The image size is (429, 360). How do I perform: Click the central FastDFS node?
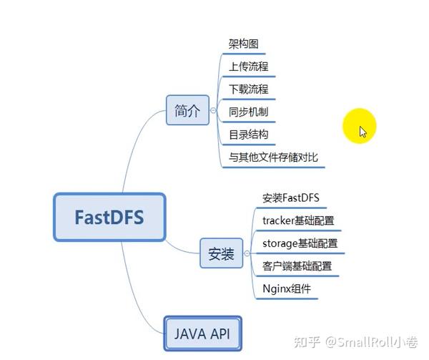(x=109, y=217)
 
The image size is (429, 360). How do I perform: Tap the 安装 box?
(x=221, y=253)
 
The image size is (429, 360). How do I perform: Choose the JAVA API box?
(x=202, y=334)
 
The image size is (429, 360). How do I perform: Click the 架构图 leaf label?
(x=242, y=44)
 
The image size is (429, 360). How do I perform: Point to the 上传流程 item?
(x=248, y=67)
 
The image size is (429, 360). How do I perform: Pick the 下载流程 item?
(x=248, y=89)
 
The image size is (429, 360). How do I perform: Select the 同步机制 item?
(x=248, y=112)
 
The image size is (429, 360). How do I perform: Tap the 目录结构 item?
(x=248, y=135)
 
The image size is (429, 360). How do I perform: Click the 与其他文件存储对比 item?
(x=273, y=157)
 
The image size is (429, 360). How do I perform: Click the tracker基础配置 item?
(x=298, y=220)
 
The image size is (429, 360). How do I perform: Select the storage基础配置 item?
(x=300, y=243)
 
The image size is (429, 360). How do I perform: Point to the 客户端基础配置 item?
(x=297, y=266)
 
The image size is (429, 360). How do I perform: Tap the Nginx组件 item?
(x=286, y=289)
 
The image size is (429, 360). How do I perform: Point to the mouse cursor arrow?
(x=363, y=131)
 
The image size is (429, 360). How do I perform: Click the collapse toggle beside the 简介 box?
(x=213, y=111)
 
